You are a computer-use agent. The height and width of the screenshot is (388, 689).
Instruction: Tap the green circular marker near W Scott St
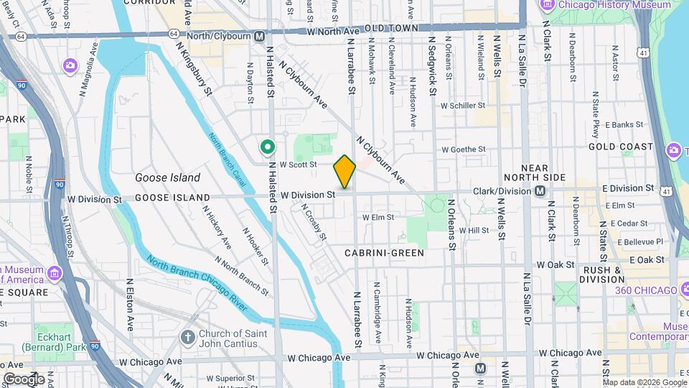(268, 148)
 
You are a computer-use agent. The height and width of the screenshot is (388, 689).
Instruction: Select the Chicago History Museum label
(595, 5)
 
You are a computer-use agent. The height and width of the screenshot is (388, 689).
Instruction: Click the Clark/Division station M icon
(540, 190)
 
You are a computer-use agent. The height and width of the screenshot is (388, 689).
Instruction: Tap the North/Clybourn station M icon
(259, 35)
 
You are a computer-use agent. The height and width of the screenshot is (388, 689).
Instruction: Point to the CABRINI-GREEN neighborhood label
(384, 253)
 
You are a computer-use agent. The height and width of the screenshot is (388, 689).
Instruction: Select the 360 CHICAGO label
(646, 290)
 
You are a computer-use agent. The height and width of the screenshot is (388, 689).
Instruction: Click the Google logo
(24, 379)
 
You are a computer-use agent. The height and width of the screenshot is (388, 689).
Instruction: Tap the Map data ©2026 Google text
(645, 382)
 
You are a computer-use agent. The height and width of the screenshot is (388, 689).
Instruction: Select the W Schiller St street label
(464, 106)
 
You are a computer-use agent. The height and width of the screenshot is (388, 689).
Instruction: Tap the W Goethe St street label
(464, 150)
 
